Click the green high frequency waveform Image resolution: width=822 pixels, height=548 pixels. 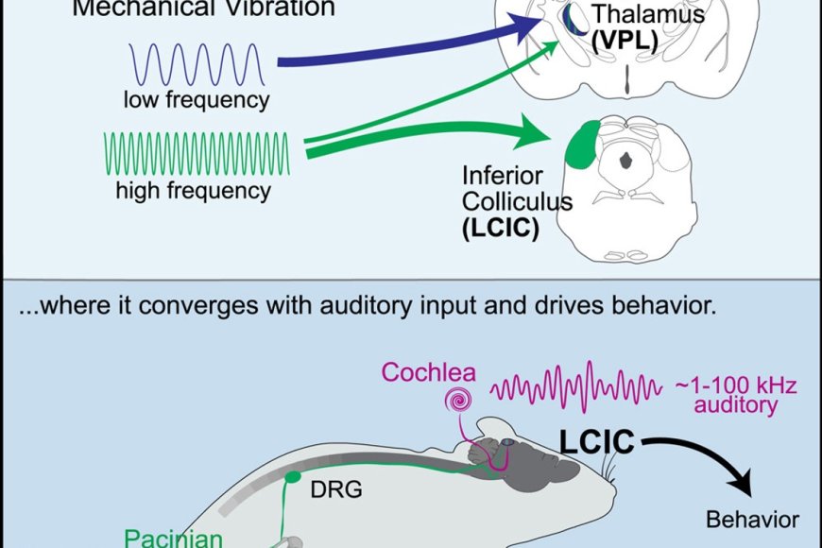(197, 151)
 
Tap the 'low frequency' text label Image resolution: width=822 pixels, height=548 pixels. (196, 98)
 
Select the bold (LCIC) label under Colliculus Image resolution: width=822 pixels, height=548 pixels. (501, 227)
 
